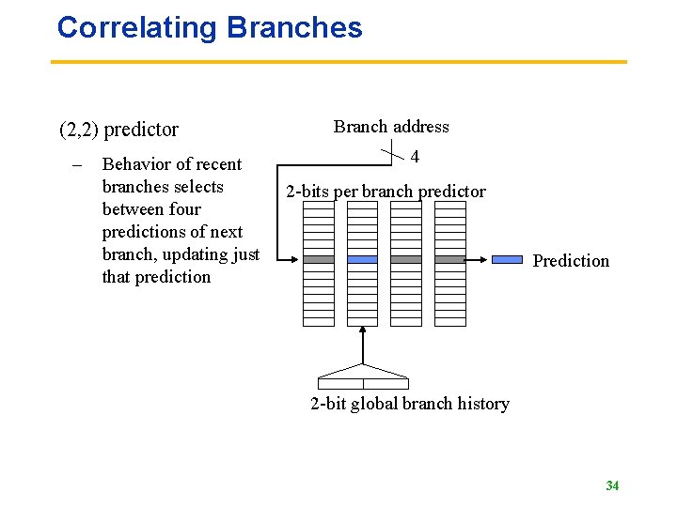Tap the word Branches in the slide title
click(x=294, y=27)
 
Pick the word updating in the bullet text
click(x=185, y=254)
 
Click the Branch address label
click(x=391, y=127)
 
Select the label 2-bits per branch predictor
click(x=386, y=192)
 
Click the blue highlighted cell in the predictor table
click(x=362, y=259)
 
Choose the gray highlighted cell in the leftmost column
click(x=319, y=259)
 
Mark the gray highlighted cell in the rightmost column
click(x=450, y=259)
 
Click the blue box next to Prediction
click(x=508, y=259)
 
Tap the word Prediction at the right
click(x=571, y=261)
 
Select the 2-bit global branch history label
click(x=410, y=404)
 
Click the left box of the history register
click(x=340, y=383)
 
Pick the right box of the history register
click(x=386, y=383)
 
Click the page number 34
click(x=612, y=485)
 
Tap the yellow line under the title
click(x=338, y=62)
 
